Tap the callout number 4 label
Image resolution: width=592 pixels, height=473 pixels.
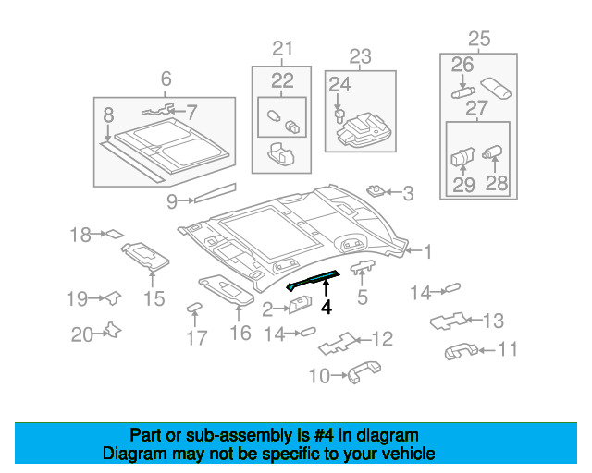[326, 308]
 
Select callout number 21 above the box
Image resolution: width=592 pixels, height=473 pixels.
[281, 49]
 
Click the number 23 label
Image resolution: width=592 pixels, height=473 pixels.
[359, 55]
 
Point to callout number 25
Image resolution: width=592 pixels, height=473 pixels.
[478, 39]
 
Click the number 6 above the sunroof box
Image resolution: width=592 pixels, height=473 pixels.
[166, 79]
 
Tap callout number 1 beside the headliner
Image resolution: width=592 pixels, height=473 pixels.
[427, 249]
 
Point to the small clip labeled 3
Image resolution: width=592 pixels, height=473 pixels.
[376, 191]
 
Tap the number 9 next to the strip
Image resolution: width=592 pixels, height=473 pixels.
[172, 200]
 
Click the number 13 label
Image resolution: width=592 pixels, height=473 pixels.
[493, 321]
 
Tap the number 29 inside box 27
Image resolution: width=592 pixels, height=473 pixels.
[463, 184]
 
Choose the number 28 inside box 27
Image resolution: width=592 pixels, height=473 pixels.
[497, 184]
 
